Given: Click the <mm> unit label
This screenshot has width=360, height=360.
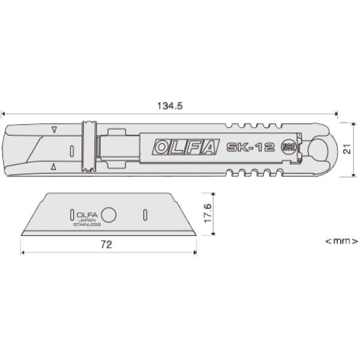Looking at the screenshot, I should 341,241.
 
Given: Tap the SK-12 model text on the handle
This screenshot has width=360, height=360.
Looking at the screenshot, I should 251,148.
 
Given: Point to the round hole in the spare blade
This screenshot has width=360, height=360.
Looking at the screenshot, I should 109,214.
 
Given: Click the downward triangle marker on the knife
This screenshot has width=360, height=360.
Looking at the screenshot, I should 54,130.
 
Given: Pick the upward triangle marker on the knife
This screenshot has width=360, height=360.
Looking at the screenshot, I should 54,167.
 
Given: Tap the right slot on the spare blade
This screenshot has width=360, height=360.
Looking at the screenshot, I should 145,214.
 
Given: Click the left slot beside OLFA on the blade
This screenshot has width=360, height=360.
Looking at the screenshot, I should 71,214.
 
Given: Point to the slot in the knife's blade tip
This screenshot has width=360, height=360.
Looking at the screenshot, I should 71,149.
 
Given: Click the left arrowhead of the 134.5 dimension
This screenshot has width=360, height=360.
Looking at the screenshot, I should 4,112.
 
